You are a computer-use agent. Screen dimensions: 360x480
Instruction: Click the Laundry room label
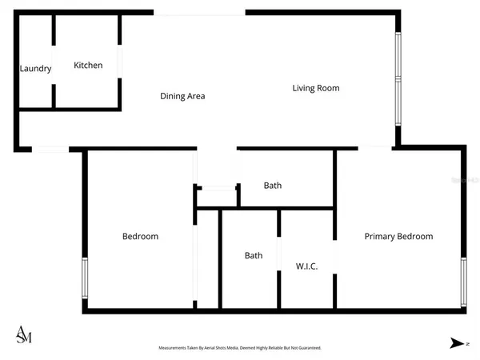point(35,69)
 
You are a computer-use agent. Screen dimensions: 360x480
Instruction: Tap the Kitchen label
point(88,65)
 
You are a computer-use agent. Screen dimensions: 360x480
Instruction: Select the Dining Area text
point(182,96)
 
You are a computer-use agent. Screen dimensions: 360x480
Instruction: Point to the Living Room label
point(315,88)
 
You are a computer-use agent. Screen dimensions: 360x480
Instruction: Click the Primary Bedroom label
point(398,236)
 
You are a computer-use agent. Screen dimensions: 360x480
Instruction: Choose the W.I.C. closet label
point(307,266)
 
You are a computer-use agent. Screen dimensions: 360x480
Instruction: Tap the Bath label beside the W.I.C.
point(254,256)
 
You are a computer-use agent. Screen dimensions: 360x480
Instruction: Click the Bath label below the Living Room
point(273,186)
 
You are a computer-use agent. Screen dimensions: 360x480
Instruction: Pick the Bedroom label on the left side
point(140,236)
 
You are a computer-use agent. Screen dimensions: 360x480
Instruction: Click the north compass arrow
point(457,343)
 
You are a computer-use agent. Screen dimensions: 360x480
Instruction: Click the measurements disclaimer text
point(240,348)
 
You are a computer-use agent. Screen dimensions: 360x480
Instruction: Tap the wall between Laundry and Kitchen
point(54,60)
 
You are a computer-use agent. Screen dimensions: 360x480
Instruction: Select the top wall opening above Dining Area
point(199,13)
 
